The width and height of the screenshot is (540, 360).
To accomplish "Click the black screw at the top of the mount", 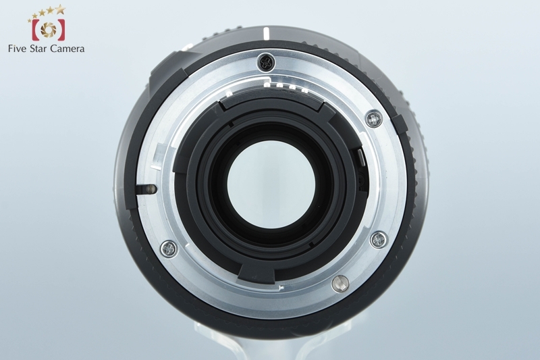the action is [266, 62].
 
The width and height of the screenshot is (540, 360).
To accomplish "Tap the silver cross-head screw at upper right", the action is [374, 119].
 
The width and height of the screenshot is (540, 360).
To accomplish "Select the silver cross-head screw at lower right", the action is [379, 239].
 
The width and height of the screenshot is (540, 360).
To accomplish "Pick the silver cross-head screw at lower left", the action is [169, 249].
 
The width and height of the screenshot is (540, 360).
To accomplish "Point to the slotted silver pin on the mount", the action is [340, 284].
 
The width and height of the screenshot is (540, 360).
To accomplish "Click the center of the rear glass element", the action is [271, 184].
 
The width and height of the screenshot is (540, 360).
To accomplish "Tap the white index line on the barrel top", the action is [266, 34].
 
